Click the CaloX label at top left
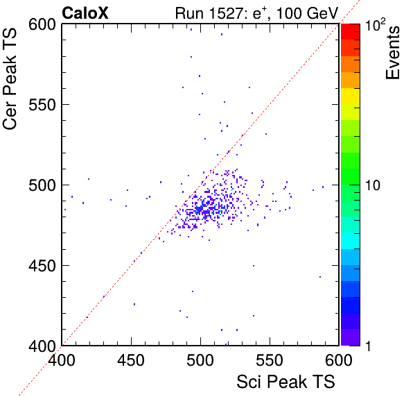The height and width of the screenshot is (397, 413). [85, 13]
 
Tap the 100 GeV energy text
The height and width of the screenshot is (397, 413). [307, 13]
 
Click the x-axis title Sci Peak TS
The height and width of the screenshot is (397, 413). [285, 382]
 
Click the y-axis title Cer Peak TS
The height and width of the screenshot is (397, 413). [10, 79]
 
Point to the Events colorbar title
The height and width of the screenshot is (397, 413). [392, 53]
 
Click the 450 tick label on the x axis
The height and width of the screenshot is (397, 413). [131, 360]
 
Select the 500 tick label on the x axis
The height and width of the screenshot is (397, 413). [200, 360]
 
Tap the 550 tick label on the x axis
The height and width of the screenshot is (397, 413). [270, 360]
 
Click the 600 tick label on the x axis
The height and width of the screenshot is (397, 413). [339, 360]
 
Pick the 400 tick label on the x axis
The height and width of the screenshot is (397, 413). [62, 360]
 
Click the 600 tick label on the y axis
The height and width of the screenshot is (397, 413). [42, 25]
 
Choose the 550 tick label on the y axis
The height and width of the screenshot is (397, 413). [42, 105]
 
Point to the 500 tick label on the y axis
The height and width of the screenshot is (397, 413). [42, 186]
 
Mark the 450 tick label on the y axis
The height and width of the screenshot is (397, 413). [42, 266]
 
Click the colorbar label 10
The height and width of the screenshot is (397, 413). [373, 185]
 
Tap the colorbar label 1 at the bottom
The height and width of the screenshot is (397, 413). [368, 346]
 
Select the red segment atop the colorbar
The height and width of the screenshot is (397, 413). [351, 32]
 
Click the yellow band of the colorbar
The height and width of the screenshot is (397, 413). [351, 96]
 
